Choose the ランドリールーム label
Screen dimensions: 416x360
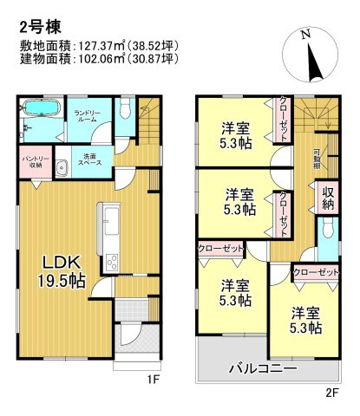pos(88,116)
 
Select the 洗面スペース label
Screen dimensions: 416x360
pos(89,160)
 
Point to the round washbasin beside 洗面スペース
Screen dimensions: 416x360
pos(62,168)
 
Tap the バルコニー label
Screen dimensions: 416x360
pos(262,367)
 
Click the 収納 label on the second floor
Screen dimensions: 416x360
pos(327,198)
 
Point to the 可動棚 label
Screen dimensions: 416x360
pos(317,159)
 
